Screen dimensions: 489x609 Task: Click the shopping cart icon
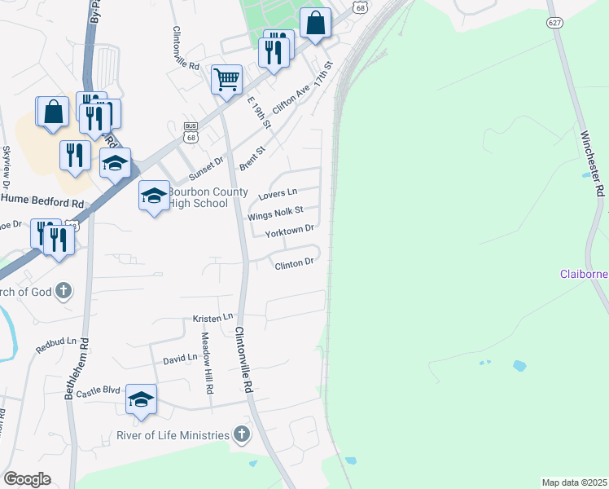[226, 80]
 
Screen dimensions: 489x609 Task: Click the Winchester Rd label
[593, 164]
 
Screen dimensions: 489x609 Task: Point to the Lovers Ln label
[278, 195]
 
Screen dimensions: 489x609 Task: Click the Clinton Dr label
[294, 264]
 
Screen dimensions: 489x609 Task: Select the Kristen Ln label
[212, 317]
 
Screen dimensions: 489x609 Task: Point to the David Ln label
[180, 358]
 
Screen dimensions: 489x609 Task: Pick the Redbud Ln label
[55, 345]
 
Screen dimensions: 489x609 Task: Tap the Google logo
[27, 479]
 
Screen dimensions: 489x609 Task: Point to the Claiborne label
[584, 274]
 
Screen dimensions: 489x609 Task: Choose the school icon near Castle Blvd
[141, 399]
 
